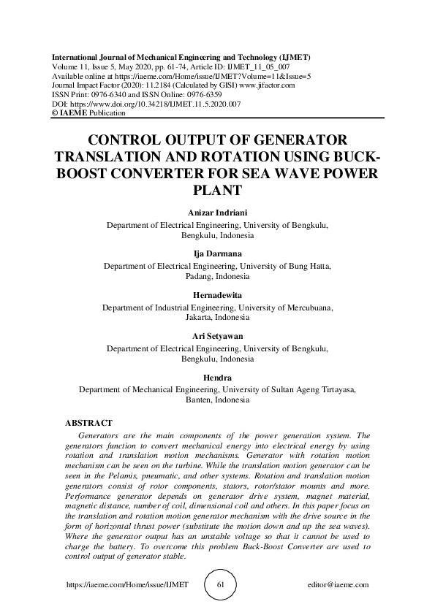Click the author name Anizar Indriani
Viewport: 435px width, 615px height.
point(217,213)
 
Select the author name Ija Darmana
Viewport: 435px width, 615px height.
point(217,253)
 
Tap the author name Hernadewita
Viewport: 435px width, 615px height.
point(217,295)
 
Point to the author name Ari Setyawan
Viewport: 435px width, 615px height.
point(217,336)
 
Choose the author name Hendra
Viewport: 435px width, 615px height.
point(217,377)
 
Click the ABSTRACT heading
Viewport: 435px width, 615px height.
point(88,423)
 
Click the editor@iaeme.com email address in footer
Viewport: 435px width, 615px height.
point(338,585)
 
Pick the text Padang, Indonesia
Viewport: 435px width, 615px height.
point(217,277)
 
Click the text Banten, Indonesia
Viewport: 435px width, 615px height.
point(217,400)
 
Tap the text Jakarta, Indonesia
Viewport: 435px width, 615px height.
point(217,318)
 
